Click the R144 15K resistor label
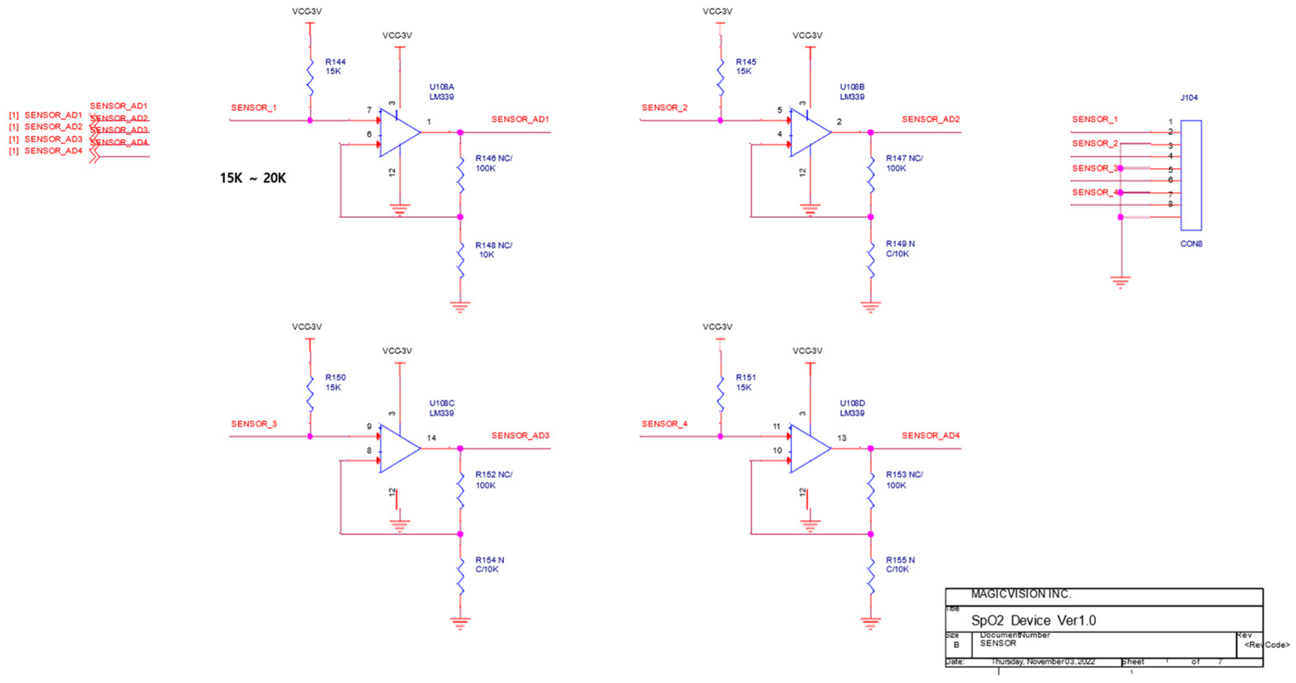point(335,66)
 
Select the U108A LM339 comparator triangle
point(398,132)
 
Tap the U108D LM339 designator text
point(852,408)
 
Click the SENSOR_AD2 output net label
point(930,119)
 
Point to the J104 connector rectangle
point(1191,175)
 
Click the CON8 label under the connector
point(1191,244)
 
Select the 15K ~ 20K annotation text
point(253,178)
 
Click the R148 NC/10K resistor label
point(493,250)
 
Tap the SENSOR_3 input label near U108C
point(254,424)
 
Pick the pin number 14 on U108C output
point(431,438)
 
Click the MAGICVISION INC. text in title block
point(1020,594)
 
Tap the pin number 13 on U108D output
point(842,438)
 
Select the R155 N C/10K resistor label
point(900,564)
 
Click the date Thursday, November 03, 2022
point(1042,661)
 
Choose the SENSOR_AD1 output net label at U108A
point(520,119)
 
